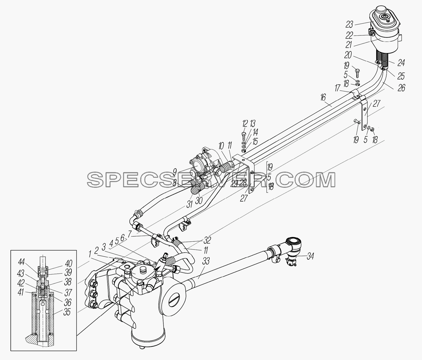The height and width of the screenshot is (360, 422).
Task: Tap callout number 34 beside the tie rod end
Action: [310, 256]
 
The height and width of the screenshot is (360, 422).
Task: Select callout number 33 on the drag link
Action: [206, 261]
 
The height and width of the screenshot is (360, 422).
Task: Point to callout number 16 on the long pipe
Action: [323, 98]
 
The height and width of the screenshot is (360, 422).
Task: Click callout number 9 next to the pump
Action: [175, 172]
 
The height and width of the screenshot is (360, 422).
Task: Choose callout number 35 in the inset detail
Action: [67, 312]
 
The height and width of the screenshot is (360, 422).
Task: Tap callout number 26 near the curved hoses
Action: [401, 88]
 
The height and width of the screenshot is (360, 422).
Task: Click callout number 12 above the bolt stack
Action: [245, 124]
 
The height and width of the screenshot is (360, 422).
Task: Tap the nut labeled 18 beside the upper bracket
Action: [372, 129]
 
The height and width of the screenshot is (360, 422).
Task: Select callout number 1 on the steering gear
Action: [89, 254]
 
